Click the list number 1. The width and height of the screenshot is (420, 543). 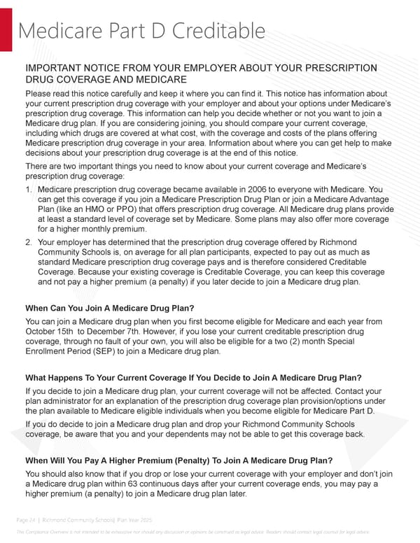pyautogui.click(x=28, y=189)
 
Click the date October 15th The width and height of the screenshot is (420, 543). pyautogui.click(x=50, y=331)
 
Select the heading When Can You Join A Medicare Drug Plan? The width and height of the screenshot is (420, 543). pyautogui.click(x=110, y=308)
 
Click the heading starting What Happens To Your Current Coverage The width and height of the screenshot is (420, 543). pyautogui.click(x=193, y=379)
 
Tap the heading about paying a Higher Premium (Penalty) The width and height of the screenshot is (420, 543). pyautogui.click(x=178, y=460)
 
